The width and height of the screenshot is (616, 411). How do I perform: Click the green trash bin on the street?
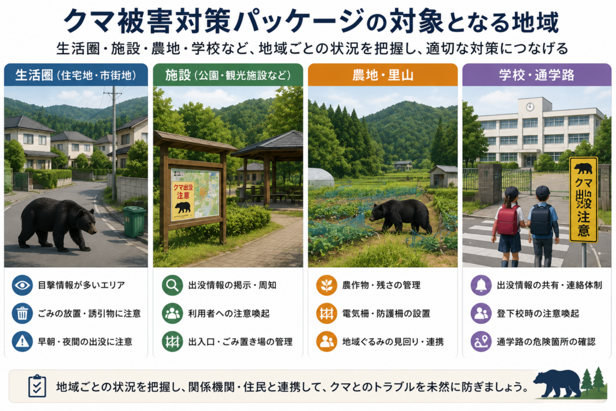click(135, 222)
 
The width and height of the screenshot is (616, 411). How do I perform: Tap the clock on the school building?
click(530, 107)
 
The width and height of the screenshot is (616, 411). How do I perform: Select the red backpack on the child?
click(508, 219)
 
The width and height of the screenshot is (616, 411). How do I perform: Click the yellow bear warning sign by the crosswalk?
click(584, 200)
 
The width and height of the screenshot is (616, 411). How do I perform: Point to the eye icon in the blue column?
click(22, 285)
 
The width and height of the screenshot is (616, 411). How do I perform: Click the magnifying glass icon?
click(172, 285)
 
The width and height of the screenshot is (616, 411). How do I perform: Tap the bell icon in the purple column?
click(481, 285)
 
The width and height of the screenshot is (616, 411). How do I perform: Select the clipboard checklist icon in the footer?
click(37, 386)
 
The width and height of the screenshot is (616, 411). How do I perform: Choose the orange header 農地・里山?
click(383, 75)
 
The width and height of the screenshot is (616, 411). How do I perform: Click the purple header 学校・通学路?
click(537, 75)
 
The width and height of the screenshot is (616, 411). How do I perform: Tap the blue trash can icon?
click(22, 314)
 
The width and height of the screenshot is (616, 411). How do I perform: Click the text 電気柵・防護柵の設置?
click(386, 314)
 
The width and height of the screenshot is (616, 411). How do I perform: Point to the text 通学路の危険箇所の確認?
click(546, 342)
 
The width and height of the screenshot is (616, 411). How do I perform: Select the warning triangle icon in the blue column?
click(22, 341)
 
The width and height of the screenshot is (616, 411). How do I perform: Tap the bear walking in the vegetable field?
click(401, 215)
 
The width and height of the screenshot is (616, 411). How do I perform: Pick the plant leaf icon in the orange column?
click(327, 285)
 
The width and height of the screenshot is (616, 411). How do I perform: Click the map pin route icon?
click(481, 341)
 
